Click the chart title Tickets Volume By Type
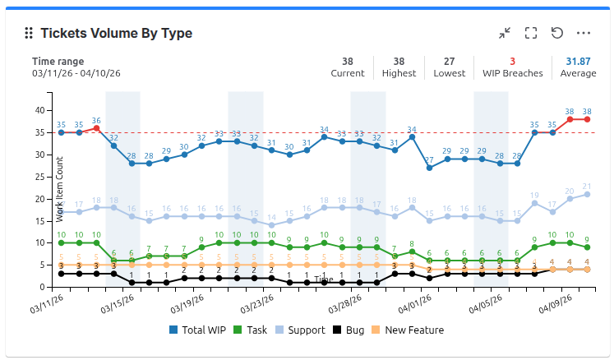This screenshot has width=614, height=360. pyautogui.click(x=116, y=34)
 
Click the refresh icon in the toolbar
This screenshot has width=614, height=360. pyautogui.click(x=557, y=33)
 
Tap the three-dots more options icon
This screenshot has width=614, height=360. pyautogui.click(x=584, y=33)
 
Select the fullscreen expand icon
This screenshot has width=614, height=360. pyautogui.click(x=531, y=33)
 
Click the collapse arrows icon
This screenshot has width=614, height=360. pyautogui.click(x=505, y=33)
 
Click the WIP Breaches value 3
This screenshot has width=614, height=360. pyautogui.click(x=512, y=62)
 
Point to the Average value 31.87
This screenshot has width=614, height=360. pyautogui.click(x=578, y=62)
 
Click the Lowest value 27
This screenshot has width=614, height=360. pyautogui.click(x=449, y=62)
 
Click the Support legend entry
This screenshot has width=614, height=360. pyautogui.click(x=300, y=330)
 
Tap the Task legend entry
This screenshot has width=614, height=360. pyautogui.click(x=251, y=330)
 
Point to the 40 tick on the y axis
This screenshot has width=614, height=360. pyautogui.click(x=39, y=110)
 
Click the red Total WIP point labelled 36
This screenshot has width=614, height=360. pyautogui.click(x=96, y=128)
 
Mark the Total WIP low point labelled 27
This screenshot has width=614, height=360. pyautogui.click(x=429, y=168)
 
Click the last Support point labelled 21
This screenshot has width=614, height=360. pyautogui.click(x=587, y=194)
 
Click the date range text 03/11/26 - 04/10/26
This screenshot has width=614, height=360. pyautogui.click(x=76, y=73)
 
